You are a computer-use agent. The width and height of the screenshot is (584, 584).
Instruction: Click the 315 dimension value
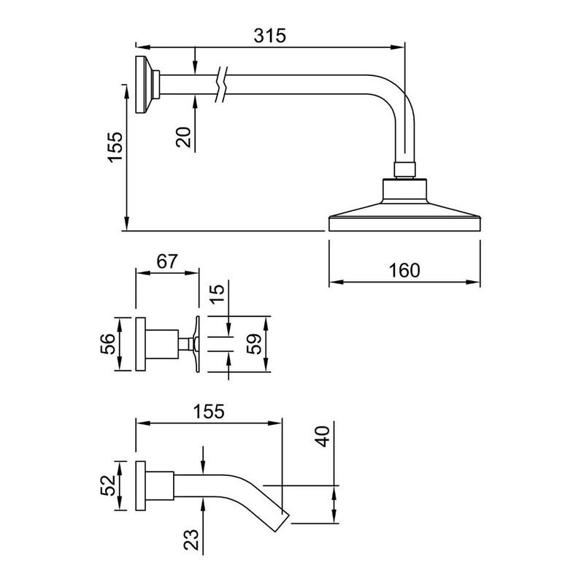coord(269,36)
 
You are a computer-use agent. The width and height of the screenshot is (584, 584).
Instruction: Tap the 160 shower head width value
coord(404,270)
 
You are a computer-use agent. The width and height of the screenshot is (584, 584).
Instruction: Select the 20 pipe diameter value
coord(184,137)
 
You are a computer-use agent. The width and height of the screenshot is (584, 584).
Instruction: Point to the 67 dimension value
coord(167,261)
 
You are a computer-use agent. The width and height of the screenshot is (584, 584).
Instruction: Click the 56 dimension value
coord(108,344)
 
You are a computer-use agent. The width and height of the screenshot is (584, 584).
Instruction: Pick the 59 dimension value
coord(254,344)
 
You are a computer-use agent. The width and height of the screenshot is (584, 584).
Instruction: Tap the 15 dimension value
coord(218,294)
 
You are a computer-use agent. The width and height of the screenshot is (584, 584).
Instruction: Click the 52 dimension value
coord(108,485)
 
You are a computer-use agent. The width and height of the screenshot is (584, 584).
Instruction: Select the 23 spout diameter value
coord(191,539)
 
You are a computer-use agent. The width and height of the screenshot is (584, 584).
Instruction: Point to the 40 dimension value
coord(323,436)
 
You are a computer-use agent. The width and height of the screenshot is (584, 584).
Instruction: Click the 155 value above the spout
coord(209,412)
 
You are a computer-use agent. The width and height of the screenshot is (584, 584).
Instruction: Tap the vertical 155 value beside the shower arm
coord(115,147)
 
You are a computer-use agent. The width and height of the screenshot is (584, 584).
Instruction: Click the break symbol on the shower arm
coord(221,85)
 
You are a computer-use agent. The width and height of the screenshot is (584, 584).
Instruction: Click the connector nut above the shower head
coord(404,169)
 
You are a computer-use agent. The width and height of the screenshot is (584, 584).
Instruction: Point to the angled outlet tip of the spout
coord(283,523)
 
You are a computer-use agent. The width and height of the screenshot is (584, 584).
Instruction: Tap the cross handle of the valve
coord(196,344)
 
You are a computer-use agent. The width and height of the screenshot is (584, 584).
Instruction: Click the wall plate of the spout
coord(140,485)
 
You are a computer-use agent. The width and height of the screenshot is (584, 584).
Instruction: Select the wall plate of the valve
coord(140,344)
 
